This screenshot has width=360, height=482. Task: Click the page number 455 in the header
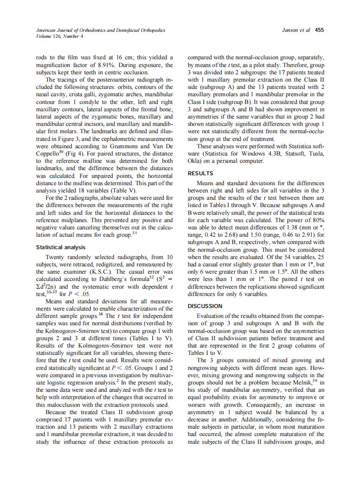tap(319, 31)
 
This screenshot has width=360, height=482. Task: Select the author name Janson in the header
tap(291, 31)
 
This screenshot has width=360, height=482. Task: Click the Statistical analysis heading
tap(61, 247)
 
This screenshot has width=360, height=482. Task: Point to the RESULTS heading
tap(201, 174)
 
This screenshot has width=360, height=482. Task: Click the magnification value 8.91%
tap(105, 65)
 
